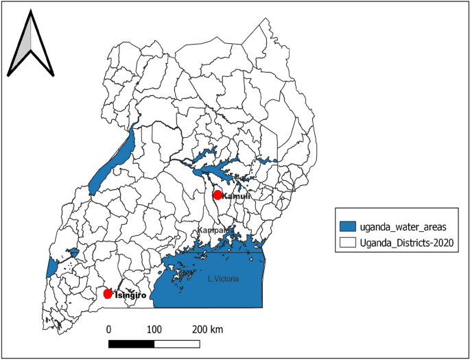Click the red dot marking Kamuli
[218, 195]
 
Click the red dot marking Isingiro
[108, 293]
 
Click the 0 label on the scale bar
[109, 329]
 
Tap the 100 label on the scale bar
[154, 329]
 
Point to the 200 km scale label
[208, 329]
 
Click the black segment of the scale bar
[131, 342]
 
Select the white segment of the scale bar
[176, 342]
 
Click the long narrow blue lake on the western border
[110, 165]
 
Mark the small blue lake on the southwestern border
[51, 267]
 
